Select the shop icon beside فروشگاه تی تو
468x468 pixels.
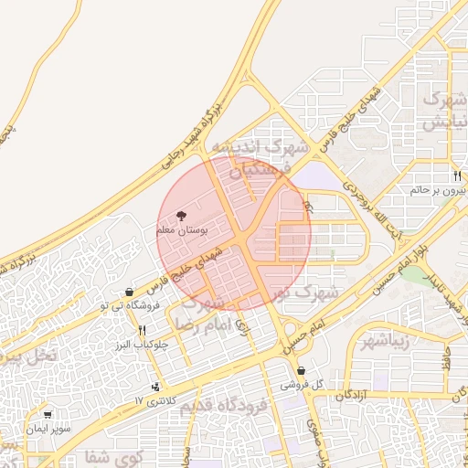point(129,292)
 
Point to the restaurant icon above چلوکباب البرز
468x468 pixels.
point(142,331)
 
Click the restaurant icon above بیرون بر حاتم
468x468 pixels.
point(455,175)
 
